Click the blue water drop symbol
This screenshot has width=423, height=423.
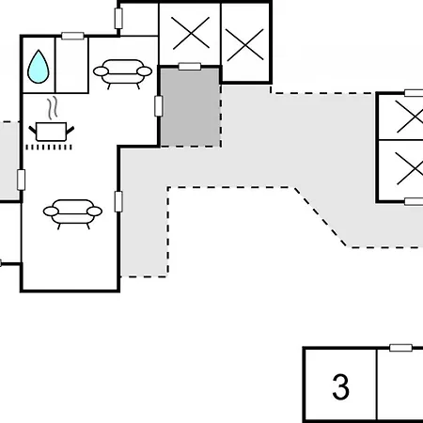(39, 67)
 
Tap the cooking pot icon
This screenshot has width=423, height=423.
(52, 132)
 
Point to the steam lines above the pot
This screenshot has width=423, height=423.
(53, 108)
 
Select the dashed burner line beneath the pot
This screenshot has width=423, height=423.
(49, 147)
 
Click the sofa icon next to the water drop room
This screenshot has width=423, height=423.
(123, 73)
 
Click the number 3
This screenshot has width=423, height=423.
(340, 386)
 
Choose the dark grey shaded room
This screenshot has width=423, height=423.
(190, 107)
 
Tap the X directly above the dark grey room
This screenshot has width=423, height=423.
(190, 33)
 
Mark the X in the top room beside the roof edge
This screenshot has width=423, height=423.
(245, 44)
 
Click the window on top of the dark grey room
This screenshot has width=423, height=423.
(190, 67)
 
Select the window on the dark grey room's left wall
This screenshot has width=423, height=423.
(159, 106)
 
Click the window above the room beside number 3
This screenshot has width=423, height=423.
(400, 348)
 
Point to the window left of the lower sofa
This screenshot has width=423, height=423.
(21, 180)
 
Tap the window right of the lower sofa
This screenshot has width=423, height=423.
(118, 201)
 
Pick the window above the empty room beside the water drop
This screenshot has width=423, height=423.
(72, 36)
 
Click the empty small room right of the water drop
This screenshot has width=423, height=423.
(71, 65)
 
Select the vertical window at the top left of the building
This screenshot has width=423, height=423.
(118, 19)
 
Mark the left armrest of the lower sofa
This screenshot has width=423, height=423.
(51, 211)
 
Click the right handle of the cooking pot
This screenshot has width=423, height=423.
(70, 130)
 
